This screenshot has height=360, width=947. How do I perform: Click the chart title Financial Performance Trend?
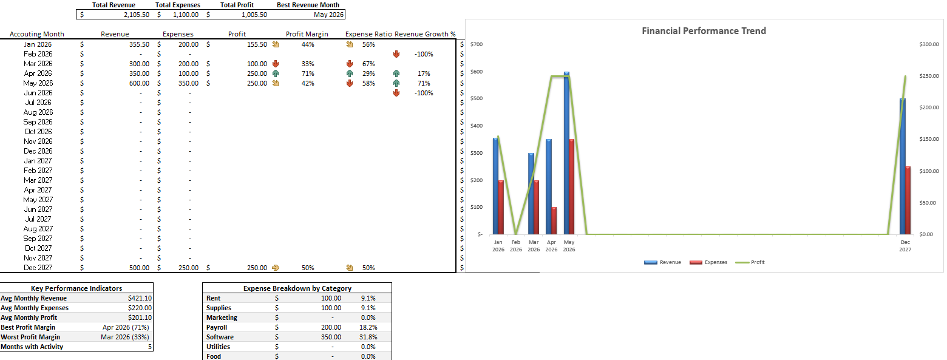pyautogui.click(x=704, y=31)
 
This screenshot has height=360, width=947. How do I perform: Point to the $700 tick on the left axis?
pyautogui.click(x=476, y=45)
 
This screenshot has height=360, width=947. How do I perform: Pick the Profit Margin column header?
pyautogui.click(x=307, y=34)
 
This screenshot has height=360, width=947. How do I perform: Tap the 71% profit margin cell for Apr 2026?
pyautogui.click(x=307, y=73)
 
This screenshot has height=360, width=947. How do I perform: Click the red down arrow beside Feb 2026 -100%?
pyautogui.click(x=396, y=54)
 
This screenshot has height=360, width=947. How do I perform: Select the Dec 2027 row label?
pyautogui.click(x=38, y=268)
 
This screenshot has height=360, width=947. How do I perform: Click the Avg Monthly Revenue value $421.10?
pyautogui.click(x=140, y=298)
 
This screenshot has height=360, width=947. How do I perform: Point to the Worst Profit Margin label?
pyautogui.click(x=30, y=337)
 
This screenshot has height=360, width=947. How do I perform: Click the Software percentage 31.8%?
pyautogui.click(x=368, y=337)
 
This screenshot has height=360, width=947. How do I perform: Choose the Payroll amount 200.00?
pyautogui.click(x=331, y=327)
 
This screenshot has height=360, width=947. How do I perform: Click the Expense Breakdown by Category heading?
pyautogui.click(x=297, y=288)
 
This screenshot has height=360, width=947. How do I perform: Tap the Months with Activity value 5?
pyautogui.click(x=149, y=347)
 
